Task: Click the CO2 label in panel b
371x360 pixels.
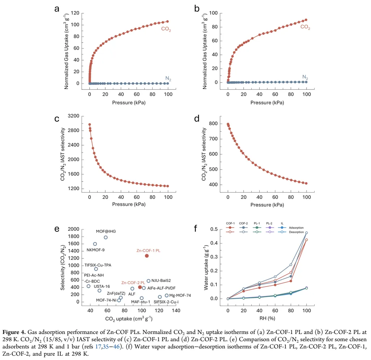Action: [x=305, y=27]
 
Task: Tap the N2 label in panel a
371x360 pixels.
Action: [x=168, y=78]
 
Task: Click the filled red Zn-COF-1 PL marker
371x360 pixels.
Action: [x=147, y=256]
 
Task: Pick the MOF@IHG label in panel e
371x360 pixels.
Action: [x=106, y=231]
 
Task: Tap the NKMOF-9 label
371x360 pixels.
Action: [x=95, y=250]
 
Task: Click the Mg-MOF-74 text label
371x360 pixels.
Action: [x=180, y=295]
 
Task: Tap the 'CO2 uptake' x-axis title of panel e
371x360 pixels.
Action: [x=129, y=318]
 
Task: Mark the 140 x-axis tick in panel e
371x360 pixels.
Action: [x=176, y=310]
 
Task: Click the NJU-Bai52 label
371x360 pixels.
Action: [x=161, y=280]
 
